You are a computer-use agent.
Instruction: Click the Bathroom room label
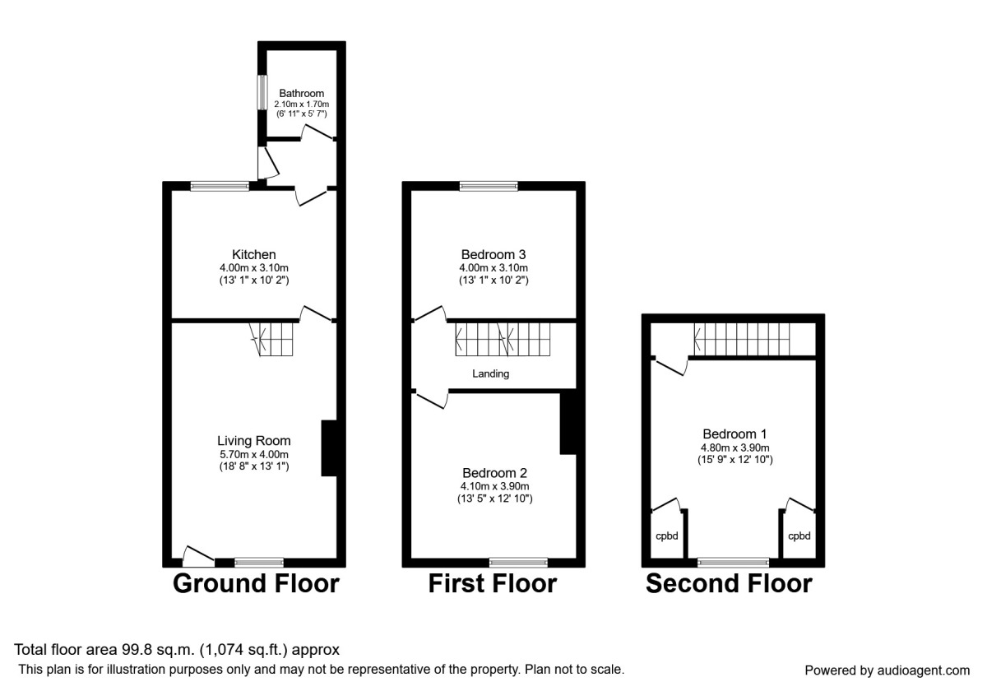coord(301,93)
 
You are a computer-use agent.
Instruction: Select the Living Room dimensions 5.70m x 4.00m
coord(253,454)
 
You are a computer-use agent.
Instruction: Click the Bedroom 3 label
coord(493,254)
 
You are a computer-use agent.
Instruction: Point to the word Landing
coord(490,373)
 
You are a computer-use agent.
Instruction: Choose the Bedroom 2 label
coord(493,473)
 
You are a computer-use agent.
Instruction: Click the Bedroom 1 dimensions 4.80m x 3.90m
coord(734,448)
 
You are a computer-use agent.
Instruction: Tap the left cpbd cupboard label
coord(666,536)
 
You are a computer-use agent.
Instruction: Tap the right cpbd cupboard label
coord(799,536)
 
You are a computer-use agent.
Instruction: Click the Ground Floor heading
coord(255,584)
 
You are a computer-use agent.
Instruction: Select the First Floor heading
coord(492,584)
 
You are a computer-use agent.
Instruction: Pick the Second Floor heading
coord(729,584)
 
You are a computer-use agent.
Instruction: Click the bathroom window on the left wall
coord(262,98)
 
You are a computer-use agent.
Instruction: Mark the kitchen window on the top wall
coord(220,187)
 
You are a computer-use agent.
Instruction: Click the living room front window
coord(259,563)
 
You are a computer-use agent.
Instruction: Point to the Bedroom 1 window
coord(733,563)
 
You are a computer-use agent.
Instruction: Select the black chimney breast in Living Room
coord(328,448)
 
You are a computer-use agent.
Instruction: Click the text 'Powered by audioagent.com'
coord(887,670)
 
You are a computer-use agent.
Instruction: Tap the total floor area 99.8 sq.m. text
coord(177,650)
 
